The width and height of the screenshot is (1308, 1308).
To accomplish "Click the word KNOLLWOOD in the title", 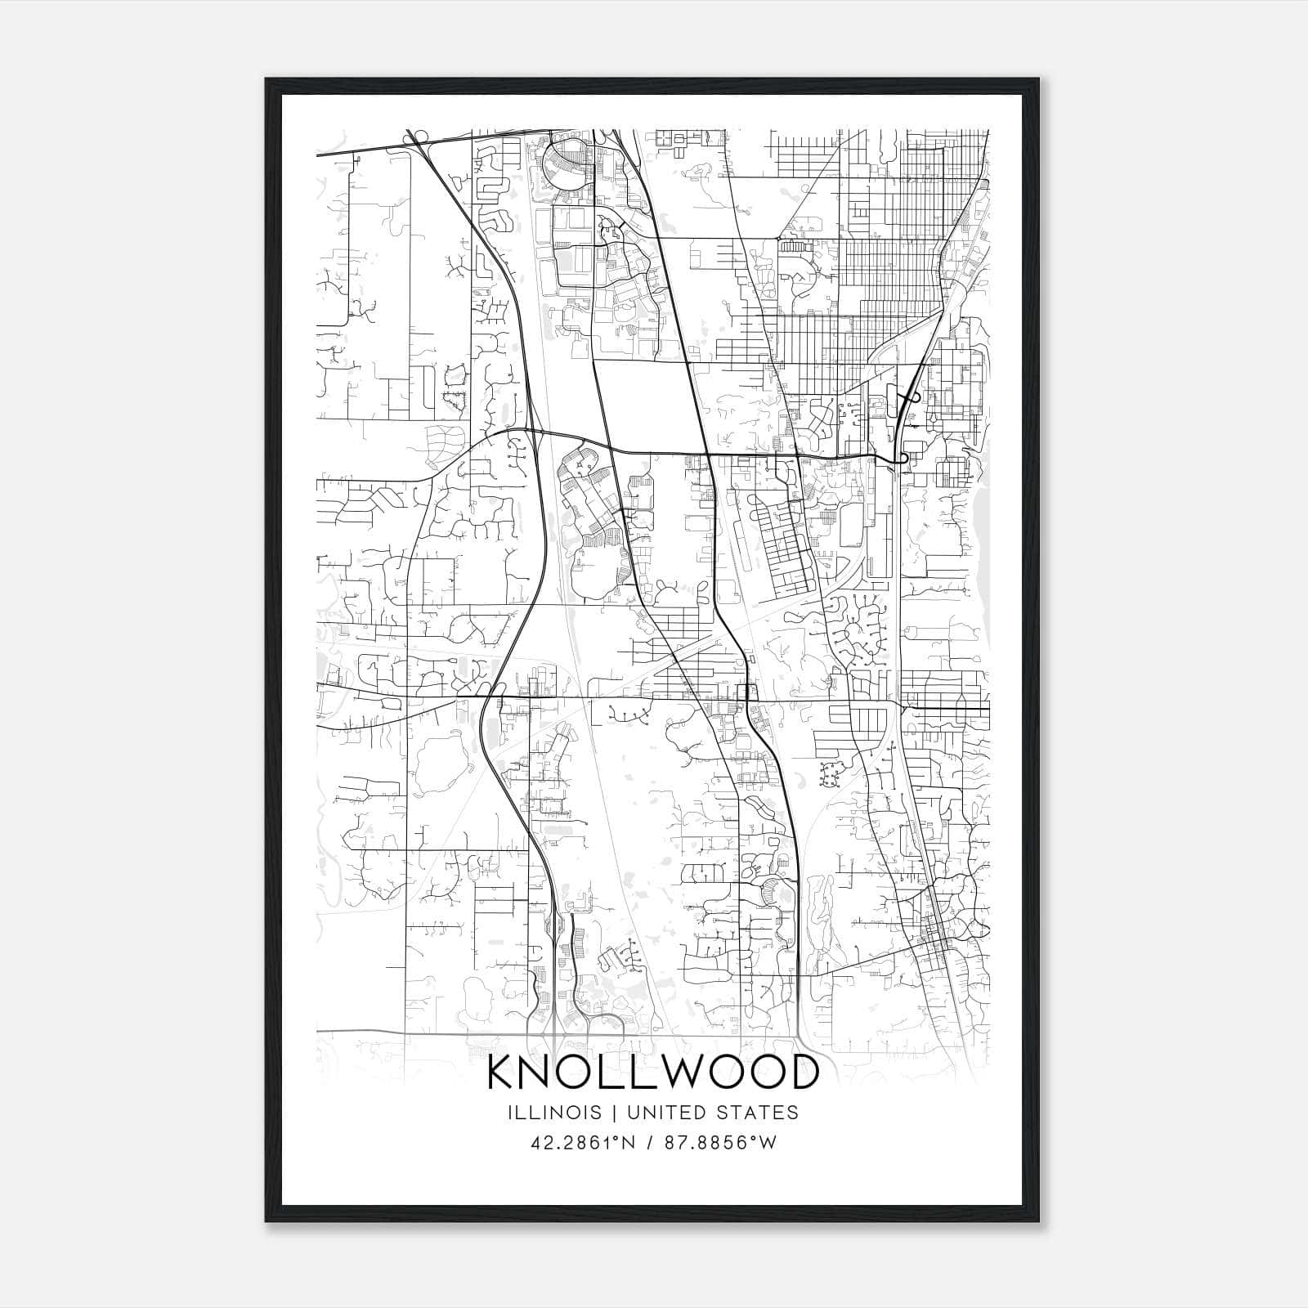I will [x=652, y=1073].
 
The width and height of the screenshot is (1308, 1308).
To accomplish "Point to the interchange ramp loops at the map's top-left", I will [x=418, y=137].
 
